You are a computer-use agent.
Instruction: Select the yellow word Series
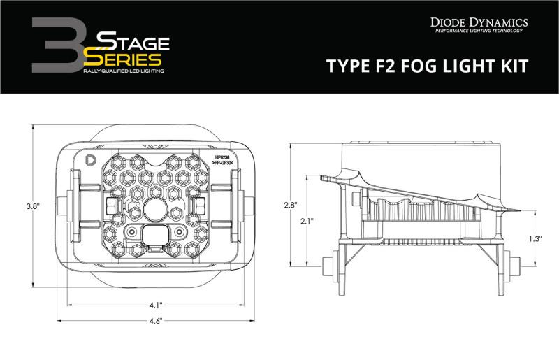coord(127,59)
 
